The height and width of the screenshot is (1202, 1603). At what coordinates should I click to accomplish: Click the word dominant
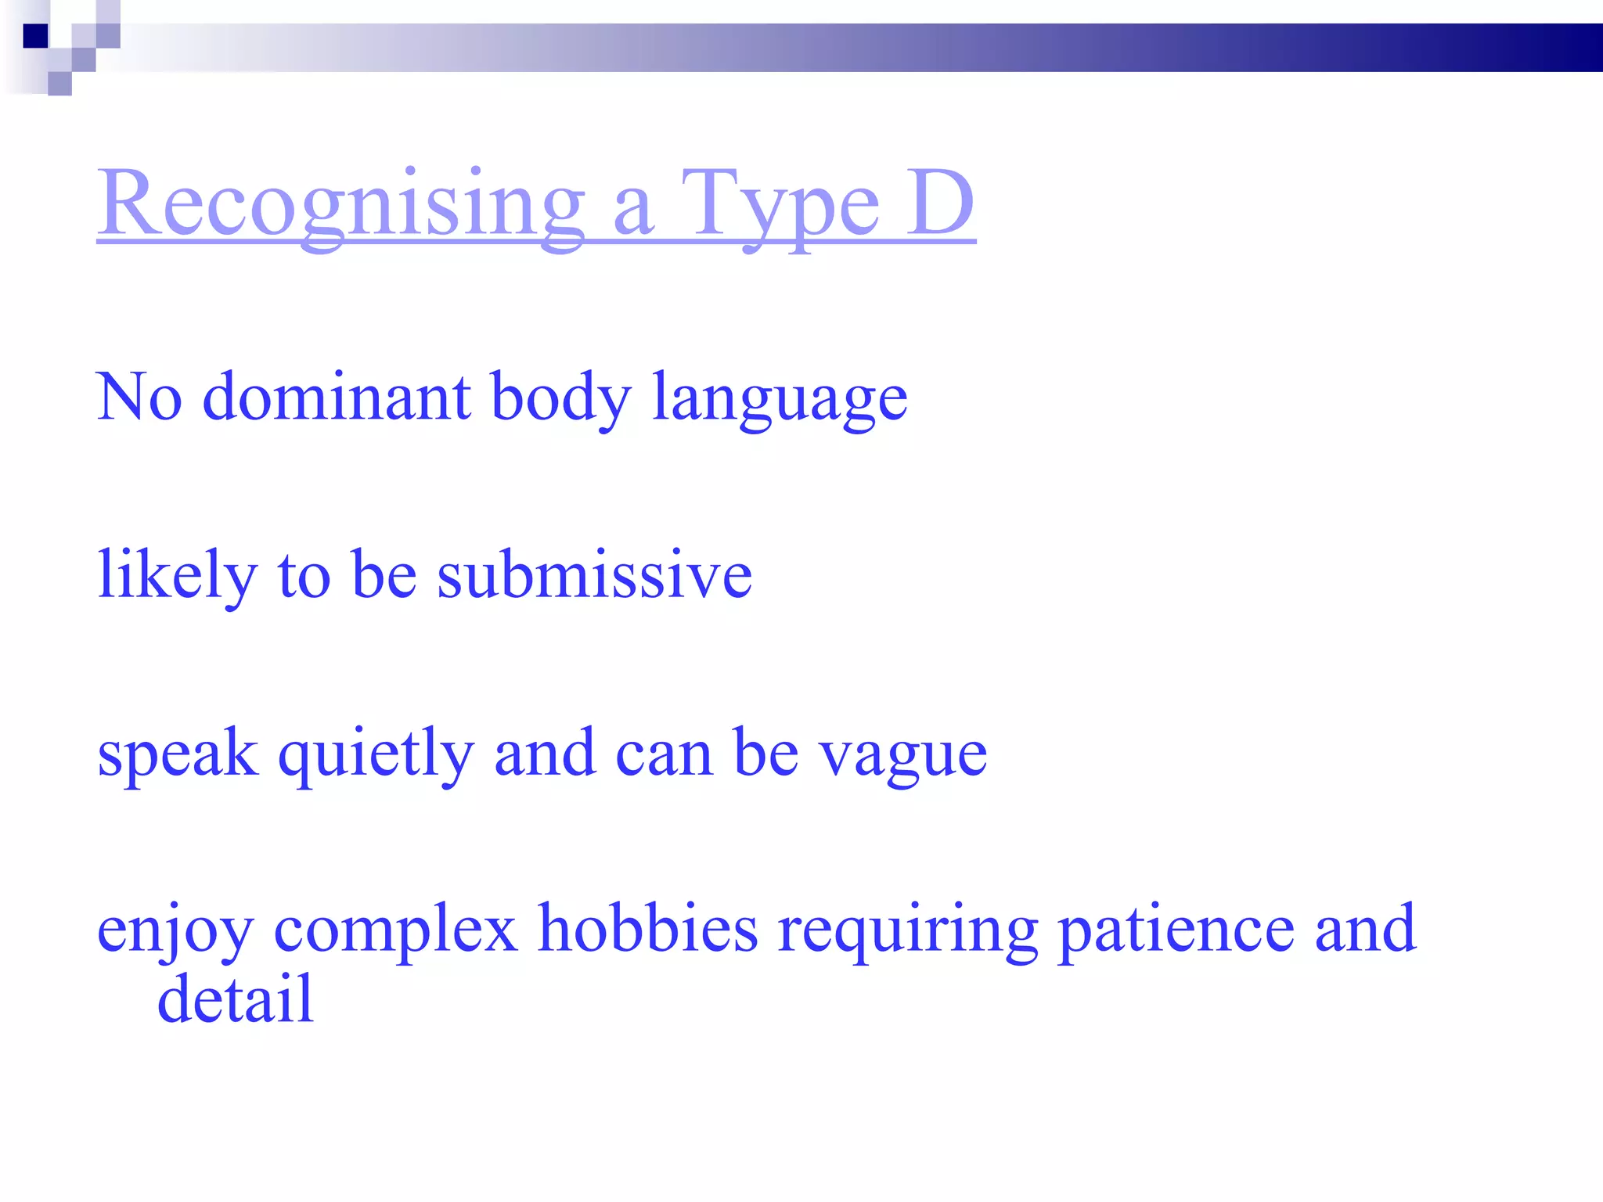337,398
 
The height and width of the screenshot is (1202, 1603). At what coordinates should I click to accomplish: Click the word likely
177,576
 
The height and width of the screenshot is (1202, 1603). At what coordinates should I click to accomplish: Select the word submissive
594,574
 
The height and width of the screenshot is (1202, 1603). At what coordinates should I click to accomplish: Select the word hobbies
648,928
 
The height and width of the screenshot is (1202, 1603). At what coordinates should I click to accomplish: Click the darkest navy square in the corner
36,36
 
